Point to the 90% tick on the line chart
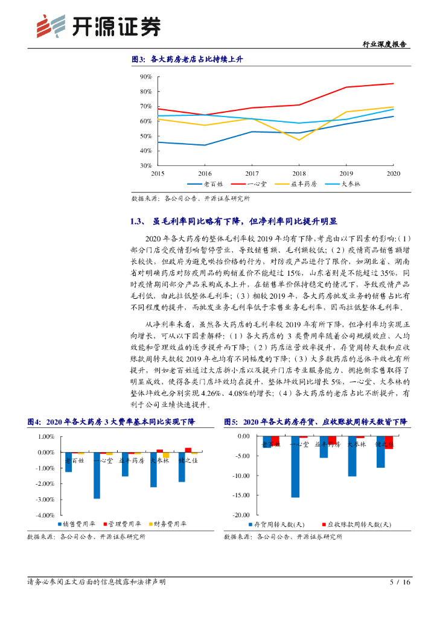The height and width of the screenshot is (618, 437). click(x=145, y=77)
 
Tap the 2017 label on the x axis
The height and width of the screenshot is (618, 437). click(x=252, y=173)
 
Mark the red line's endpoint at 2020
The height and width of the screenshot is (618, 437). click(x=394, y=83)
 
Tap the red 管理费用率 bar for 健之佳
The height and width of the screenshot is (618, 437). click(x=188, y=450)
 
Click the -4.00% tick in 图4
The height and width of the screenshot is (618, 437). click(x=46, y=515)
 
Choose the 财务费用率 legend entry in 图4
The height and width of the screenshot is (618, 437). click(x=165, y=524)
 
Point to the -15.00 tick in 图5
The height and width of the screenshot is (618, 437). click(x=241, y=495)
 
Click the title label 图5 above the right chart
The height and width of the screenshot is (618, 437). click(x=232, y=421)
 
